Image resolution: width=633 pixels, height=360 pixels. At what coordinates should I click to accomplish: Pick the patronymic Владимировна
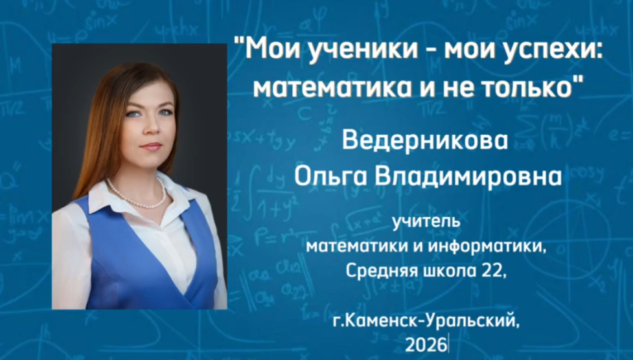465,175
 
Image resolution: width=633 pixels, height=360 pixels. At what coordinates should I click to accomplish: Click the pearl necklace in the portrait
137,194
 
